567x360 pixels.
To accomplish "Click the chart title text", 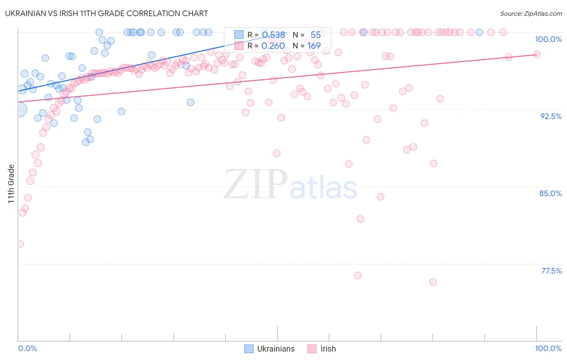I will click(x=106, y=13).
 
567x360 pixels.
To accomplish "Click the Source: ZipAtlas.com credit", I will click(x=531, y=13).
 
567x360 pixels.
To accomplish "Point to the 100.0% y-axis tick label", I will click(x=548, y=39).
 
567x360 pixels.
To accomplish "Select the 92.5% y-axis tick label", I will click(x=551, y=116).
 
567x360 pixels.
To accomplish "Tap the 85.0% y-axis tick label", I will click(x=550, y=193).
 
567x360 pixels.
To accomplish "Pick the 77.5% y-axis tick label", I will click(x=551, y=271).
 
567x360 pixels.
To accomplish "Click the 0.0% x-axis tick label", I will click(x=27, y=348).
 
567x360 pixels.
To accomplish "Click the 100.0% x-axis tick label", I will click(x=548, y=348).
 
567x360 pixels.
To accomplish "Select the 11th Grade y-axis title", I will click(x=11, y=184).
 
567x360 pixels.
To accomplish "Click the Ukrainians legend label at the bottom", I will click(x=276, y=349).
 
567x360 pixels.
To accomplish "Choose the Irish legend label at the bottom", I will click(x=328, y=349).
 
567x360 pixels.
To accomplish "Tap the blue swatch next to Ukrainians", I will click(x=249, y=349).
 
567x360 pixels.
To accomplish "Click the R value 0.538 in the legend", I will click(x=273, y=35).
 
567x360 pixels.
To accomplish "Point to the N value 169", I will click(x=314, y=46).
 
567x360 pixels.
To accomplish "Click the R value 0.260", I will click(x=273, y=46).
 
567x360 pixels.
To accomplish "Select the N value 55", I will click(x=315, y=35).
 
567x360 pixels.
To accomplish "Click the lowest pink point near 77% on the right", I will click(x=433, y=282).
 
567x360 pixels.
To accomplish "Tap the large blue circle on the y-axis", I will click(x=19, y=109).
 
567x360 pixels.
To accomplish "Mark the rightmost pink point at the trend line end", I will click(x=537, y=54).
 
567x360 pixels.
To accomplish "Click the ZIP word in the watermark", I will click(x=256, y=184).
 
